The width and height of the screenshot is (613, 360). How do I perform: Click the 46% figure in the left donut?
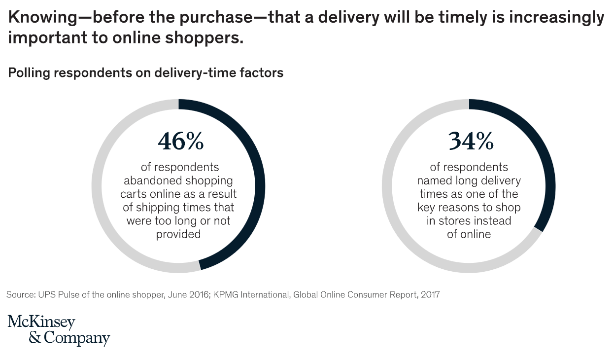pyautogui.click(x=180, y=142)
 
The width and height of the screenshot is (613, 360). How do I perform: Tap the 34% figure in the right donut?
pyautogui.click(x=471, y=142)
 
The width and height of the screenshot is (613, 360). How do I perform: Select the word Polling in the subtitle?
pyautogui.click(x=29, y=73)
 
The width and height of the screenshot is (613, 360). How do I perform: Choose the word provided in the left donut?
pyautogui.click(x=178, y=234)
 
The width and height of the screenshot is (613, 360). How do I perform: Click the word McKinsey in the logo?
pyautogui.click(x=41, y=323)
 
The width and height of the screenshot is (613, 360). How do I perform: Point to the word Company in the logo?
pyautogui.click(x=77, y=339)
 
